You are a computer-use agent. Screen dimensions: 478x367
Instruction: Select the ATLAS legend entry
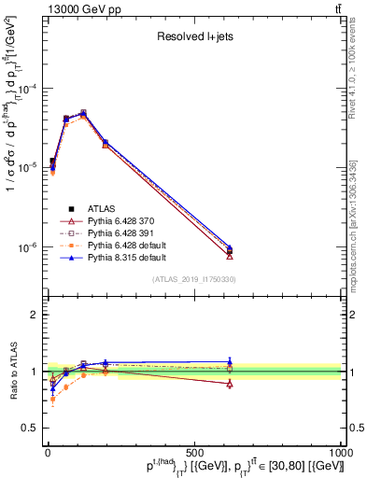[x=103, y=209]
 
